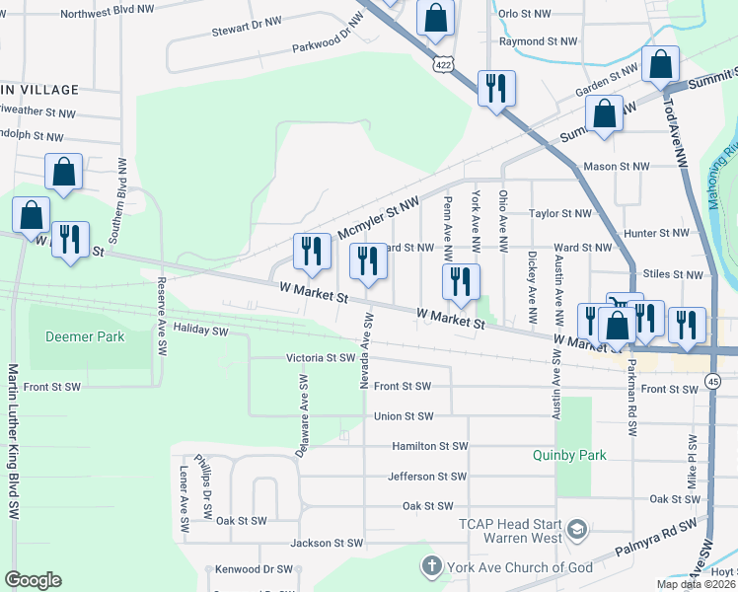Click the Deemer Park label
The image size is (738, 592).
pos(85,336)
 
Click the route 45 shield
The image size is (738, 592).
pos(711,381)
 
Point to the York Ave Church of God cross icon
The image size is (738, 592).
pos(430,566)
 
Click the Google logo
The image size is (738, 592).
pos(32,580)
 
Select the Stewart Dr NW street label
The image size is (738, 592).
pos(247,32)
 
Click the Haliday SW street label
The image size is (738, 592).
pos(200,332)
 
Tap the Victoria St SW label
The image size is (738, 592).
pos(320,358)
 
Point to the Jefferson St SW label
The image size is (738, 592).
pos(427,477)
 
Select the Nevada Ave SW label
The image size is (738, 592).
pos(365,350)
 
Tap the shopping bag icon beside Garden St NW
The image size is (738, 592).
pos(660,64)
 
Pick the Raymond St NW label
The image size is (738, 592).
pos(537,41)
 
